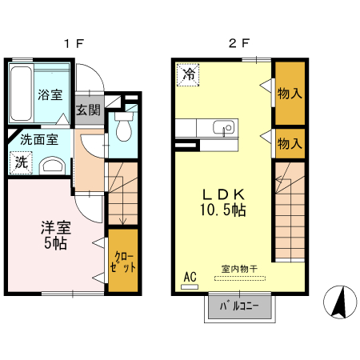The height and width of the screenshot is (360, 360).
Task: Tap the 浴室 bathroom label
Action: tap(50, 94)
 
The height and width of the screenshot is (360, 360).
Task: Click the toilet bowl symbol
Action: tap(123, 130)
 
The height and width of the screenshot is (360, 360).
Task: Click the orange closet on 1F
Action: tap(122, 259)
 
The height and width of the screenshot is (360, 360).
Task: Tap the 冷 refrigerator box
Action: tap(190, 76)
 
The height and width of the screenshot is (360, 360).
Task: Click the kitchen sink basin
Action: tap(222, 126)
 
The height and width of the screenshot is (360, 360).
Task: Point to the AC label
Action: tap(190, 278)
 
